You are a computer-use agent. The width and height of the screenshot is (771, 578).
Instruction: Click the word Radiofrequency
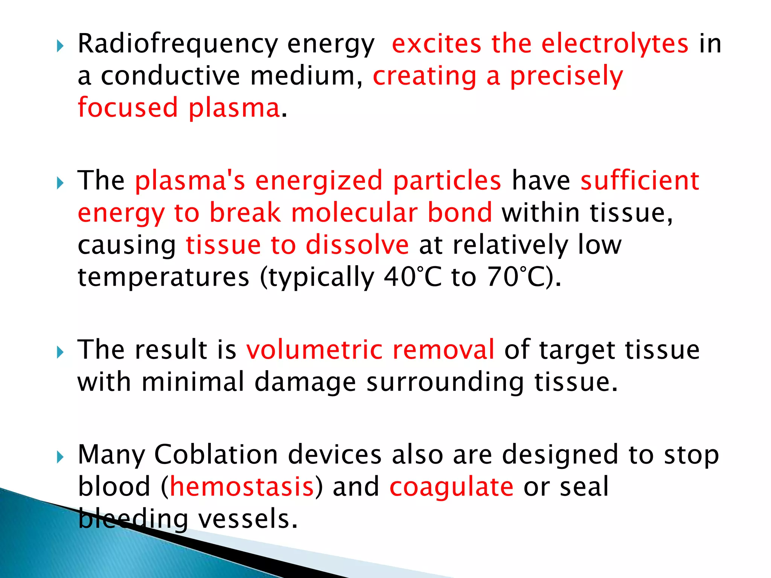point(177,44)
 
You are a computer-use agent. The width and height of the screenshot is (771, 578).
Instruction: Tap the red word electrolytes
point(615,44)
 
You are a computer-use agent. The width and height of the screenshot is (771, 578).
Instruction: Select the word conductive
point(170,76)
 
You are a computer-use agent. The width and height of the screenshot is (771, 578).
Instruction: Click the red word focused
point(128,108)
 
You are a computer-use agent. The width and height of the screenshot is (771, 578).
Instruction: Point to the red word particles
point(447,181)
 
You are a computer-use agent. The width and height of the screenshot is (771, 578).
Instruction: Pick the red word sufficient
point(640,181)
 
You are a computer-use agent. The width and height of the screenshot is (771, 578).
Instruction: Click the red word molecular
point(354,213)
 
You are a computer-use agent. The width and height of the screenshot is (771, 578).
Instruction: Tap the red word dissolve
point(357,245)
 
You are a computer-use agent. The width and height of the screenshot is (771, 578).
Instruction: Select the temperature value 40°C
point(413,277)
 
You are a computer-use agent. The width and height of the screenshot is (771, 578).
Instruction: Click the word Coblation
point(216,455)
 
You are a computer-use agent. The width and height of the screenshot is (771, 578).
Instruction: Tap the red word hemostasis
point(242,487)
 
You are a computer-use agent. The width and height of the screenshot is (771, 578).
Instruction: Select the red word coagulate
point(451,487)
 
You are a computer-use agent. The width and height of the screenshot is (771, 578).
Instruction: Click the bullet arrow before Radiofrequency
point(60,47)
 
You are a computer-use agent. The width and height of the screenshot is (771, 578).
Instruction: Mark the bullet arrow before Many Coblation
point(60,458)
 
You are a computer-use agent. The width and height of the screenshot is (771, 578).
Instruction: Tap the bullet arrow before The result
point(60,353)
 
